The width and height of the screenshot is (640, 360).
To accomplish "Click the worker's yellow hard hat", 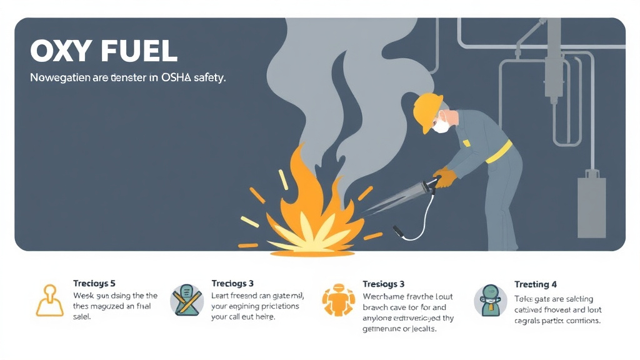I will [x=429, y=110].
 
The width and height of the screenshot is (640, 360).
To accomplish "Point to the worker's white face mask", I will [x=442, y=126].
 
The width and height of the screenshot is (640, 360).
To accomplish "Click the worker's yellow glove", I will [x=445, y=177].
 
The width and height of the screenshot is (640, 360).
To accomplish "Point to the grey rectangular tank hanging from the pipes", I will [x=591, y=206].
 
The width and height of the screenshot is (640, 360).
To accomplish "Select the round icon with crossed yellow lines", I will [x=187, y=300].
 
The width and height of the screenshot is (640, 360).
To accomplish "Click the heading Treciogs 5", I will [x=94, y=284].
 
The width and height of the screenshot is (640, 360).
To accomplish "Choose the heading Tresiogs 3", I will [x=384, y=284].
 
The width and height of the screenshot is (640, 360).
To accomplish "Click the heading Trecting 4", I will [x=536, y=284].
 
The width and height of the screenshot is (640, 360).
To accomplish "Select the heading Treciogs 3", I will [x=232, y=284].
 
